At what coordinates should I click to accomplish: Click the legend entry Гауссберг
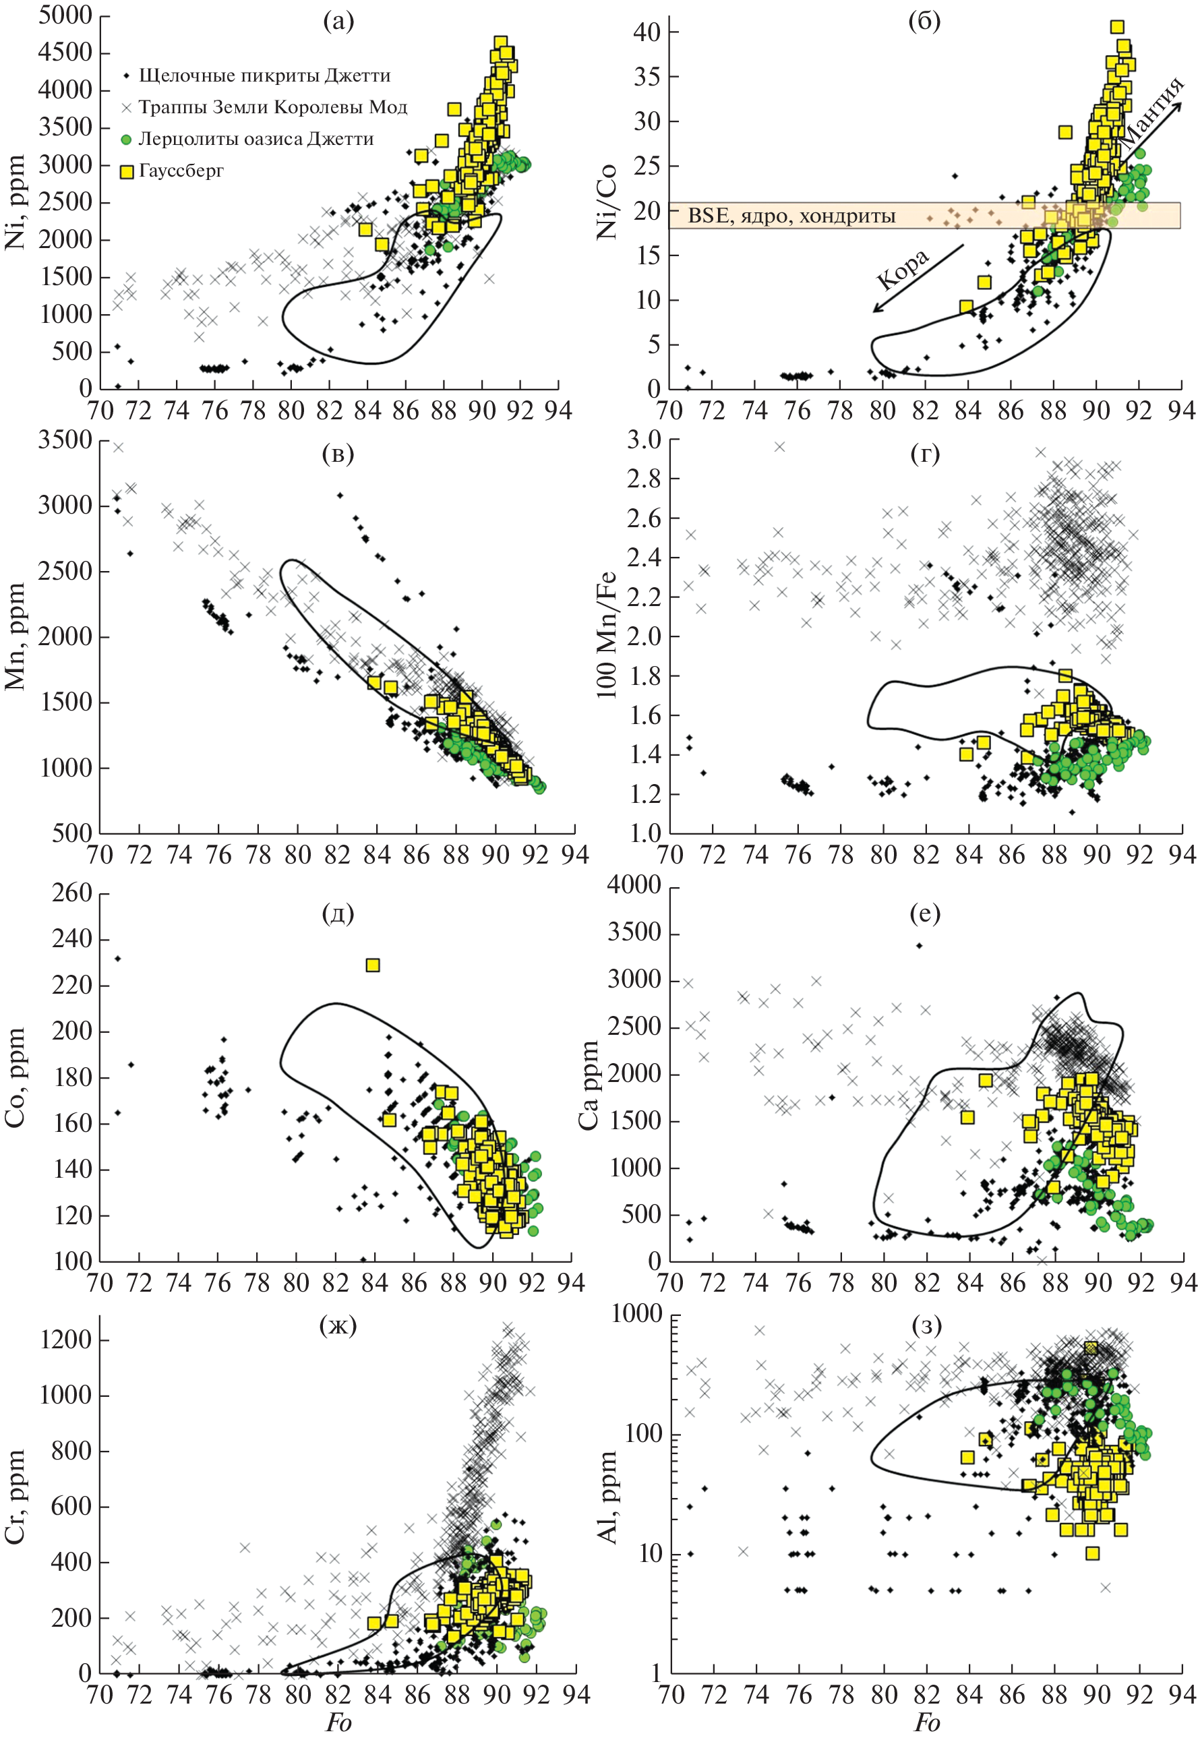click(181, 171)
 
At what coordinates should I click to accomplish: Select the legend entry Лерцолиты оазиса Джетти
click(256, 139)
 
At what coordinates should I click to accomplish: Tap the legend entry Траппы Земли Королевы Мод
click(272, 107)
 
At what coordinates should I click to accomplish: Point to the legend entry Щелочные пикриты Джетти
click(264, 76)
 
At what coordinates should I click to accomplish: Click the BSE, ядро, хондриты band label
click(792, 216)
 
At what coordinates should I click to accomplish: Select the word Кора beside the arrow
click(903, 269)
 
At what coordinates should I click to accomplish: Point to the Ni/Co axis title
click(607, 201)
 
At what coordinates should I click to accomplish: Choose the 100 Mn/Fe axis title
click(607, 634)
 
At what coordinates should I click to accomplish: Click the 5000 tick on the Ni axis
click(65, 15)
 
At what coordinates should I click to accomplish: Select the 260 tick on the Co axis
click(71, 893)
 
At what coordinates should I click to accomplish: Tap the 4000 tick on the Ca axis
click(634, 886)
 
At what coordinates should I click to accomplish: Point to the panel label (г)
click(925, 454)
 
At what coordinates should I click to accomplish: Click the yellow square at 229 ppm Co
click(372, 965)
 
